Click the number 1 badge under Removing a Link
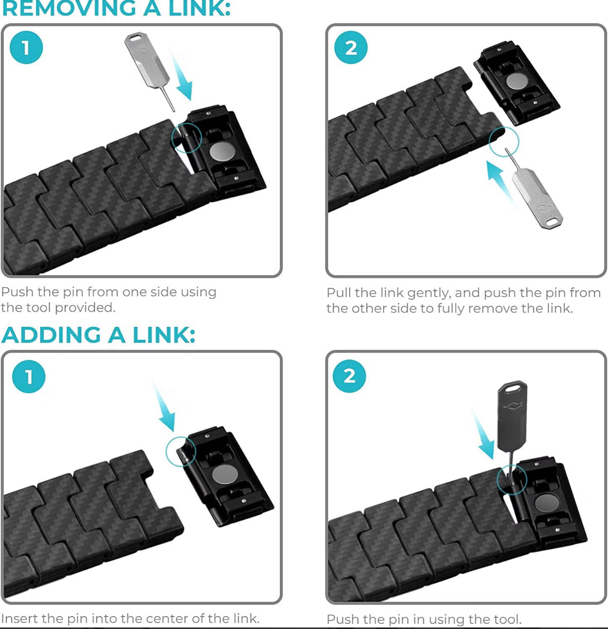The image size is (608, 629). [26, 48]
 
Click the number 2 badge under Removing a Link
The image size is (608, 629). [351, 48]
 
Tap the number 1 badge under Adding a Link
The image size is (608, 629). [28, 376]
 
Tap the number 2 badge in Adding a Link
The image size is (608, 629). [350, 376]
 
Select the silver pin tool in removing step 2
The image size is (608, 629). [536, 198]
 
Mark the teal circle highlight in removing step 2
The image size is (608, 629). [503, 142]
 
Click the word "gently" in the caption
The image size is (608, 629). [429, 293]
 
